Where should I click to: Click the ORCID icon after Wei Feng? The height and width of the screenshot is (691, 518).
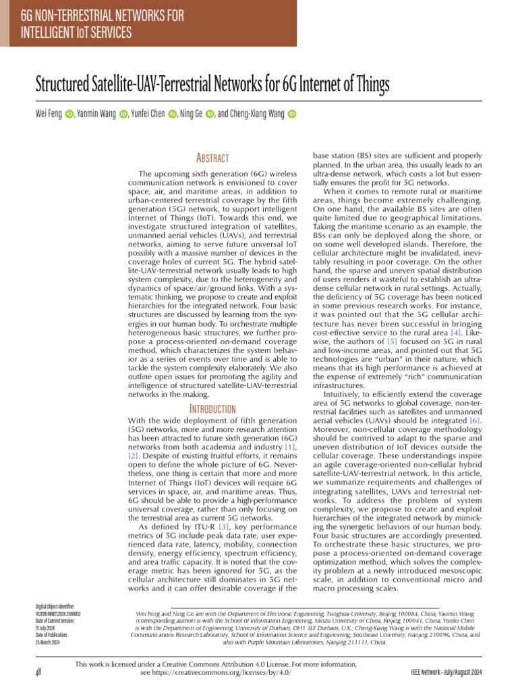pyautogui.click(x=69, y=115)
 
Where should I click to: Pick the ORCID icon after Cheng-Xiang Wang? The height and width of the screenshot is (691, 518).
pyautogui.click(x=292, y=115)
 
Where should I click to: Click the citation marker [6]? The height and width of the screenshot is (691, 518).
pyautogui.click(x=475, y=420)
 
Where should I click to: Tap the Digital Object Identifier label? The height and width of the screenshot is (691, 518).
pyautogui.click(x=55, y=607)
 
